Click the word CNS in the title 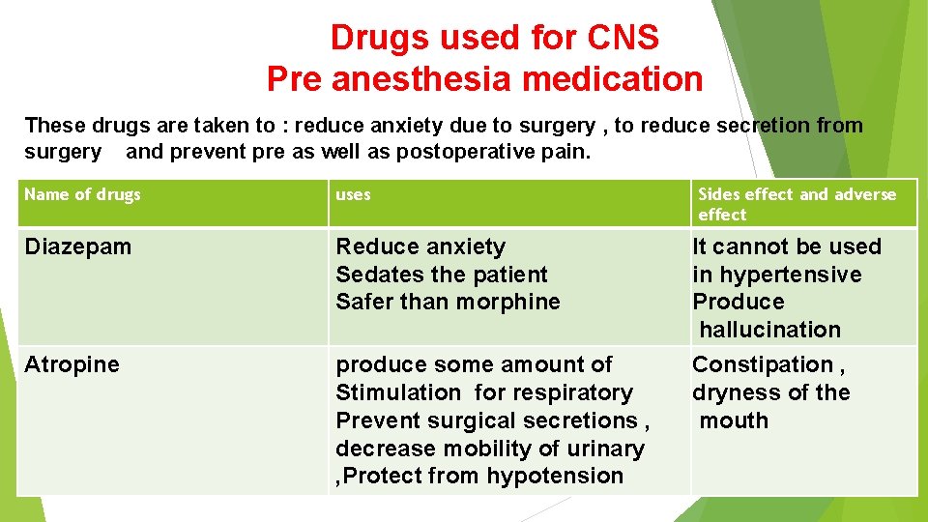click(x=623, y=38)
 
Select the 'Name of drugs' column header click(x=83, y=194)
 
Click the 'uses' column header click(x=353, y=194)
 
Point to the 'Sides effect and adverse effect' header click(x=797, y=204)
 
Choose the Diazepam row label click(x=78, y=247)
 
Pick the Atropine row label click(x=72, y=364)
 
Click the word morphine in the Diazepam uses click(x=511, y=302)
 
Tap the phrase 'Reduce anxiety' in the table click(x=420, y=247)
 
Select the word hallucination click(x=769, y=330)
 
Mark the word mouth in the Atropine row click(x=734, y=420)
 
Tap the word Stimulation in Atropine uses click(x=398, y=392)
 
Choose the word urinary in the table click(x=606, y=449)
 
